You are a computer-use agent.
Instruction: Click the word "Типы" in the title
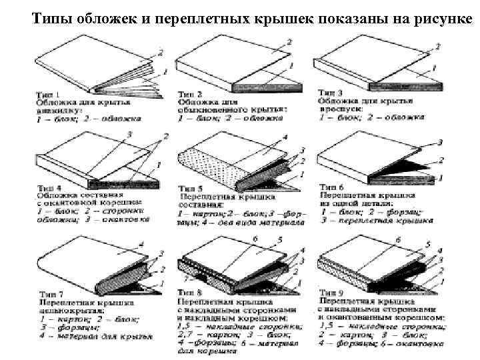(49, 15)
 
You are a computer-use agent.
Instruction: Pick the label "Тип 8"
(189, 293)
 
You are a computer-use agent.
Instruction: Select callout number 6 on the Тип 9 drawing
(399, 239)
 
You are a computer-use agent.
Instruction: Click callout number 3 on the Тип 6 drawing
(441, 142)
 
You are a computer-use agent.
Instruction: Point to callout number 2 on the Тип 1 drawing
(159, 52)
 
